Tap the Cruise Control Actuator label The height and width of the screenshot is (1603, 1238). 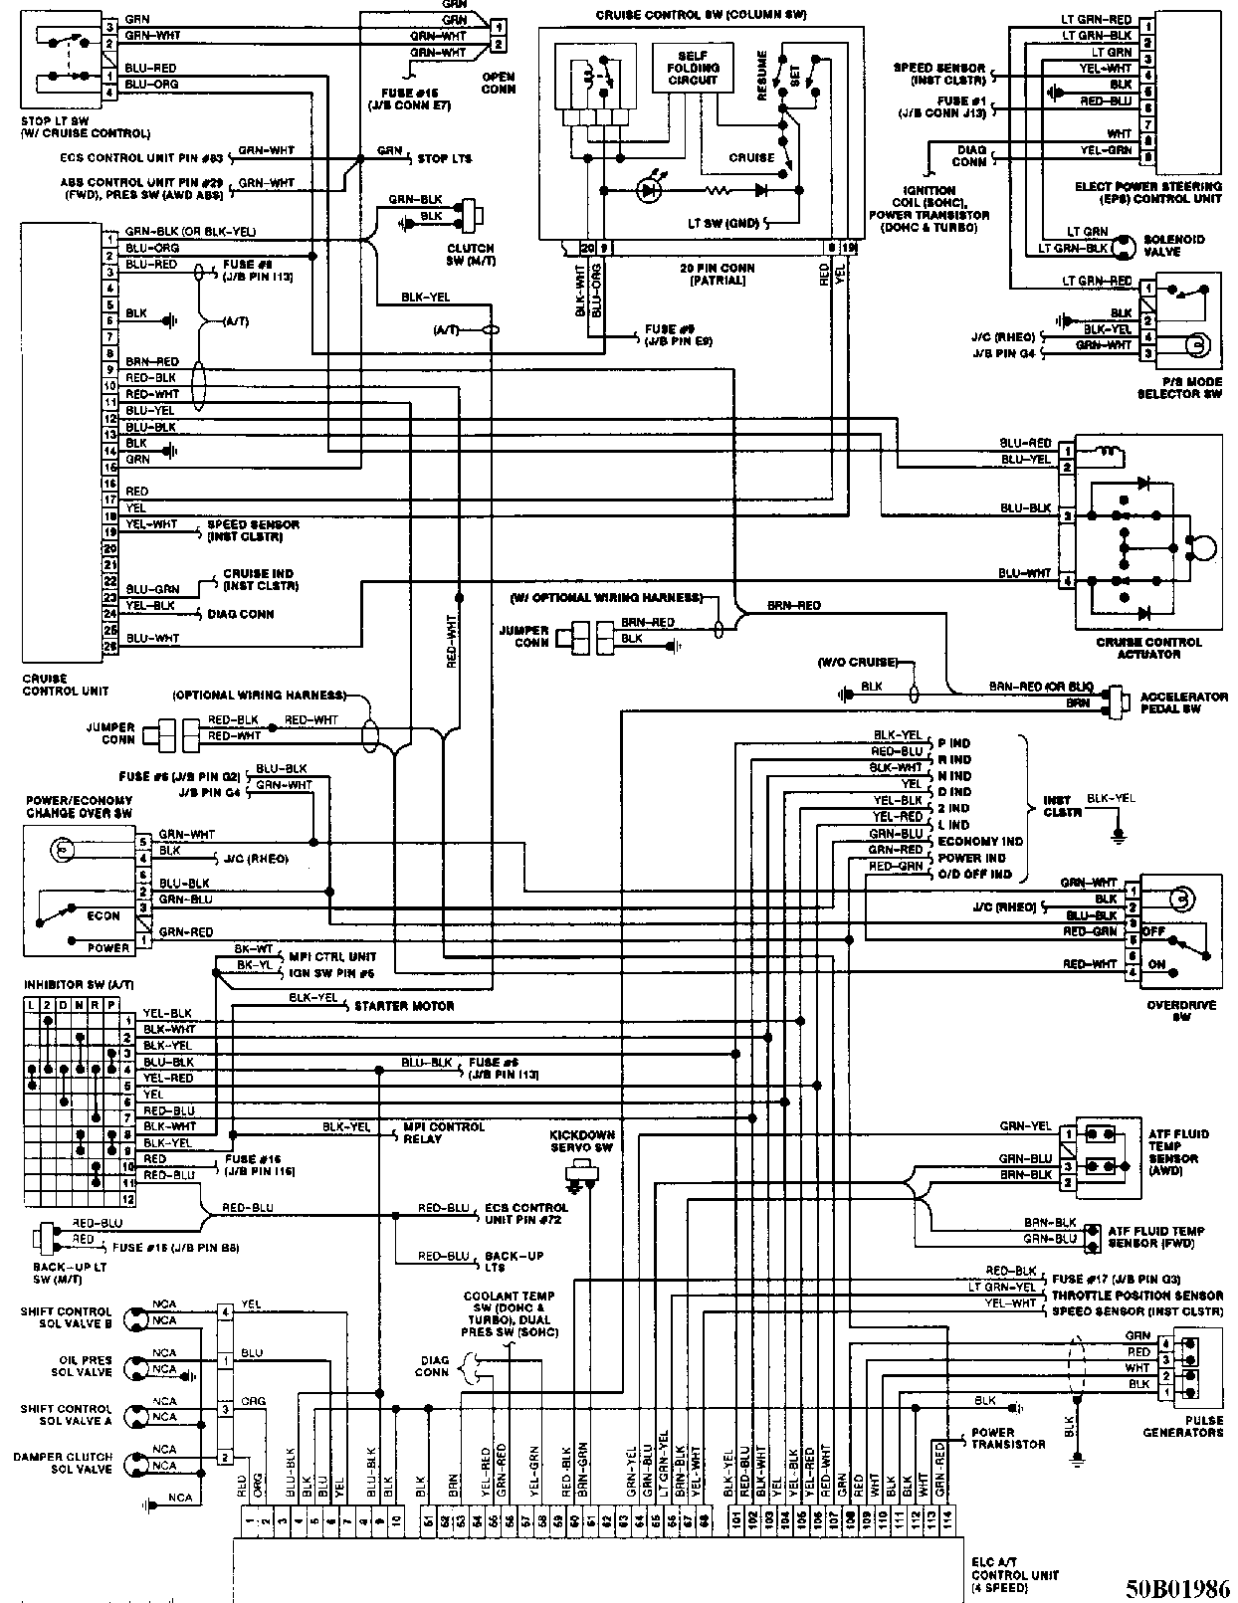point(1148,648)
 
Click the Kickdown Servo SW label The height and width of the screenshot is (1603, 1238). point(582,1141)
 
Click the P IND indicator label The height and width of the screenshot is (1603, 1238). point(953,743)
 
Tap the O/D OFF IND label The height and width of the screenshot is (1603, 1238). point(974,874)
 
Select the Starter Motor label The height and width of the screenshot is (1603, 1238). point(404,1006)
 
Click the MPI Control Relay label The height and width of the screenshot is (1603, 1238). point(443,1132)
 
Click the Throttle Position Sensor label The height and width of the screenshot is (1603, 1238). point(1137,1295)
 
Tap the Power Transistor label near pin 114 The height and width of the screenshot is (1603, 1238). point(1008,1438)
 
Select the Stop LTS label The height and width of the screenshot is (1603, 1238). point(444,158)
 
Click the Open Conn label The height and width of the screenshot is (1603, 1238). point(499,83)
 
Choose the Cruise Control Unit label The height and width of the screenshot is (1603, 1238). point(66,685)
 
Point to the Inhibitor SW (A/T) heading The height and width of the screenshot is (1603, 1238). point(78,984)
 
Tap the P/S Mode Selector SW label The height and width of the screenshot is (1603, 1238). point(1179,388)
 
